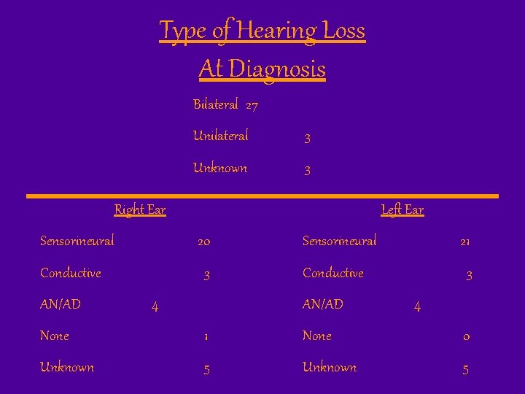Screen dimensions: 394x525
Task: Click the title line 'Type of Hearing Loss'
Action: tap(262, 31)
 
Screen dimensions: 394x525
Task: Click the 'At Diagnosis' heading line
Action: tap(262, 69)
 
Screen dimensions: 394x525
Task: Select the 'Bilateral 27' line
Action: tap(225, 105)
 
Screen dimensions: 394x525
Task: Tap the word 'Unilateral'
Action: tap(220, 136)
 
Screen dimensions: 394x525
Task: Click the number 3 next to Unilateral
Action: tap(308, 138)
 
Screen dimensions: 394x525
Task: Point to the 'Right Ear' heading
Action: tap(140, 210)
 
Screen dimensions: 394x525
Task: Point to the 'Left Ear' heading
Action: tap(402, 210)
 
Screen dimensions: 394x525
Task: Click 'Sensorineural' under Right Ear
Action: tap(77, 240)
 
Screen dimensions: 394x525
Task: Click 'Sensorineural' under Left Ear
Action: tap(340, 240)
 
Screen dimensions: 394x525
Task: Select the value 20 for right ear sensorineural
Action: tap(204, 242)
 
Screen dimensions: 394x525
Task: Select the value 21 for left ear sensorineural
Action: tap(464, 242)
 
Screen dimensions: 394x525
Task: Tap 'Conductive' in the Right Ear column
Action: tap(71, 273)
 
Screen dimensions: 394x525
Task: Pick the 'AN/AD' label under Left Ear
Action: tap(323, 304)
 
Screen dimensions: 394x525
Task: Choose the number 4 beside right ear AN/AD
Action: tap(155, 306)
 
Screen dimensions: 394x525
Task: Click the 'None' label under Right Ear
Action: tap(55, 336)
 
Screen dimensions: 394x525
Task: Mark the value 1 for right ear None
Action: tap(206, 338)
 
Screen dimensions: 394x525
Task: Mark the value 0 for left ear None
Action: tap(467, 338)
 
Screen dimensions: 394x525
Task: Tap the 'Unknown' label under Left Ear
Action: tap(330, 368)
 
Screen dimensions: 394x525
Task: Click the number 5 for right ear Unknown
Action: tap(206, 370)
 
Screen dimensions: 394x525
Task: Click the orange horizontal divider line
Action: tap(262, 196)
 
